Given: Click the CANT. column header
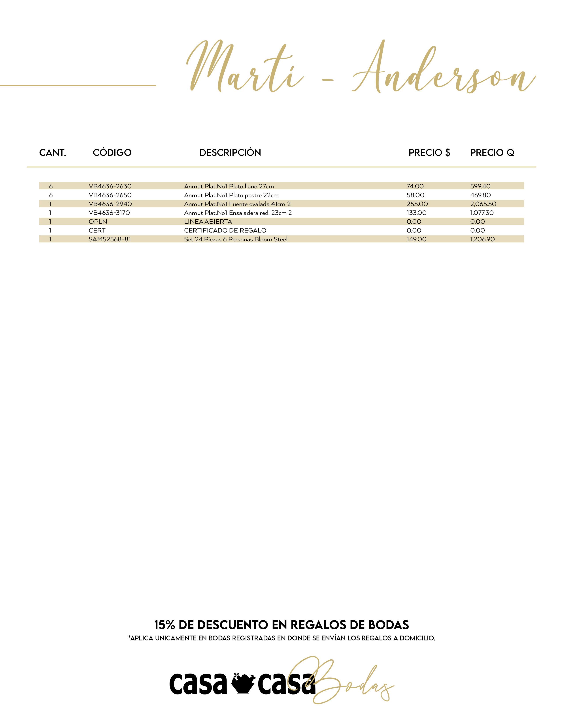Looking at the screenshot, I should [x=53, y=153].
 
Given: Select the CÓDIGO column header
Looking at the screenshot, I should [x=112, y=153].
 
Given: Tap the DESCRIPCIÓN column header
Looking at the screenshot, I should [x=230, y=153].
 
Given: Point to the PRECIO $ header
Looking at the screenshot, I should [x=429, y=153].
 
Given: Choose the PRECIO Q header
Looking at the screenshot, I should [x=492, y=153].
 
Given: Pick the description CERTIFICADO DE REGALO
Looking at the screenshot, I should [x=225, y=230].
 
